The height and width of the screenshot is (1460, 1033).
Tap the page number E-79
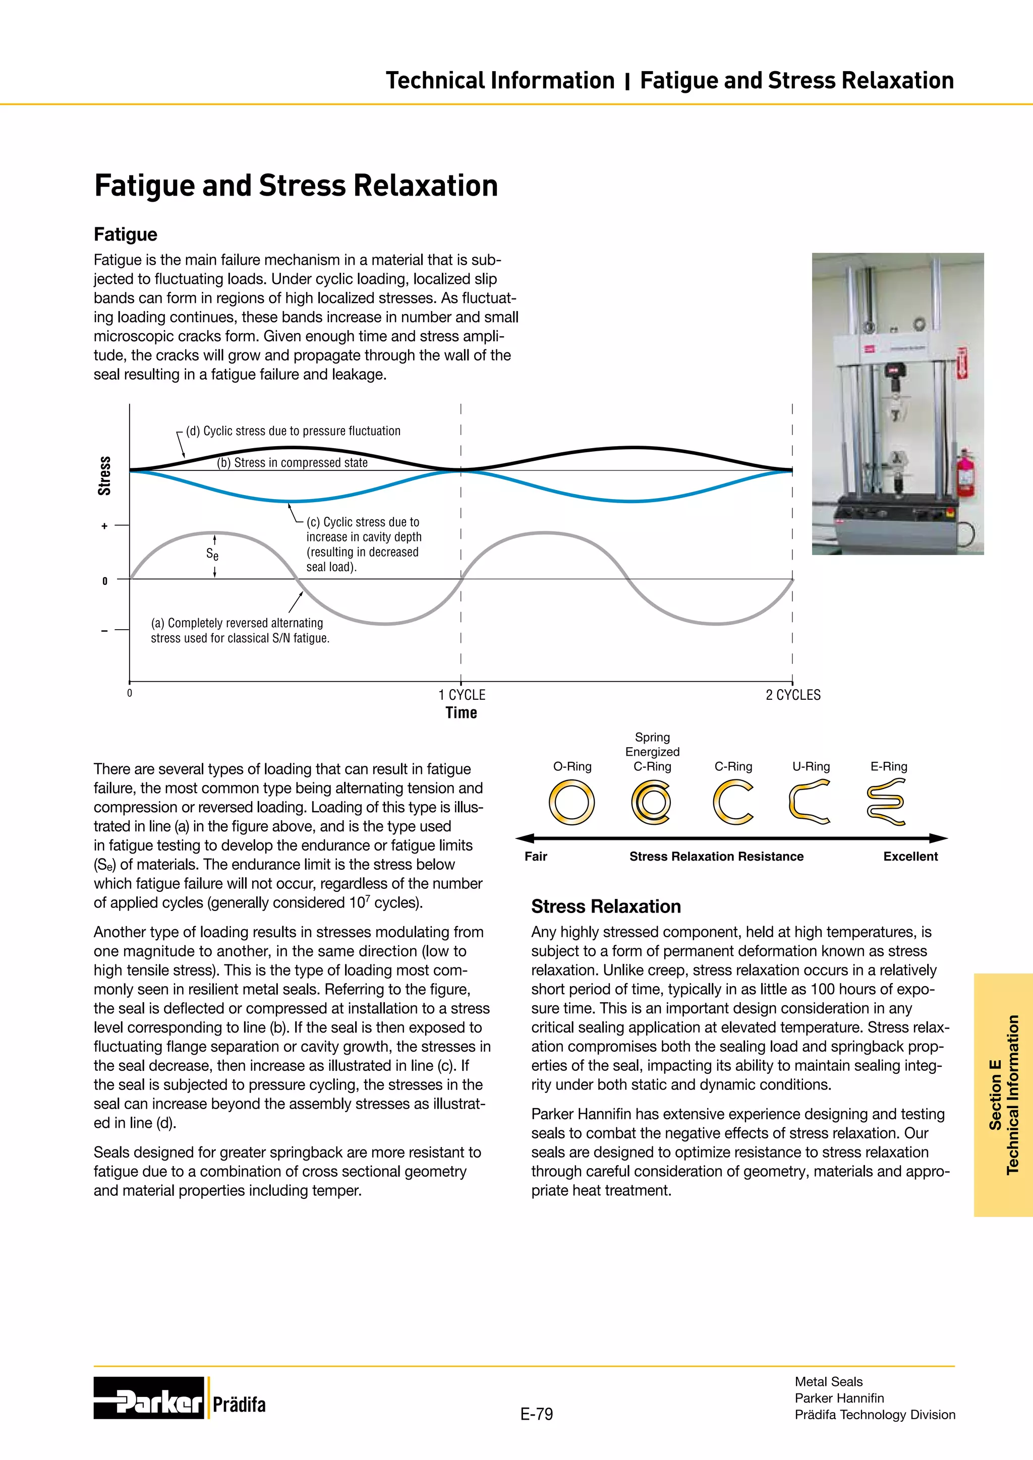[x=536, y=1414]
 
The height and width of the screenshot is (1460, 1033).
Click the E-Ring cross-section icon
[x=886, y=803]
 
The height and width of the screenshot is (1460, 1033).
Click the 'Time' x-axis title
[x=461, y=713]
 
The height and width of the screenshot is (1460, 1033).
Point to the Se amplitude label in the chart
[x=212, y=555]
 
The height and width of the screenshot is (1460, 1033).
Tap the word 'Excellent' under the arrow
[x=910, y=857]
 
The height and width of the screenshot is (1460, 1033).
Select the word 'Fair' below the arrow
[x=536, y=857]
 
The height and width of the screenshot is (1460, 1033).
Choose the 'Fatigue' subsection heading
[x=125, y=234]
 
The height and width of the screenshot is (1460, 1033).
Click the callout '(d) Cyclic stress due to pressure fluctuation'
[x=293, y=431]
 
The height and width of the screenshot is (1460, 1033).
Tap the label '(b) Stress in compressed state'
[x=292, y=463]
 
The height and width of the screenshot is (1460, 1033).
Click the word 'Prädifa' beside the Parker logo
[x=239, y=1404]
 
